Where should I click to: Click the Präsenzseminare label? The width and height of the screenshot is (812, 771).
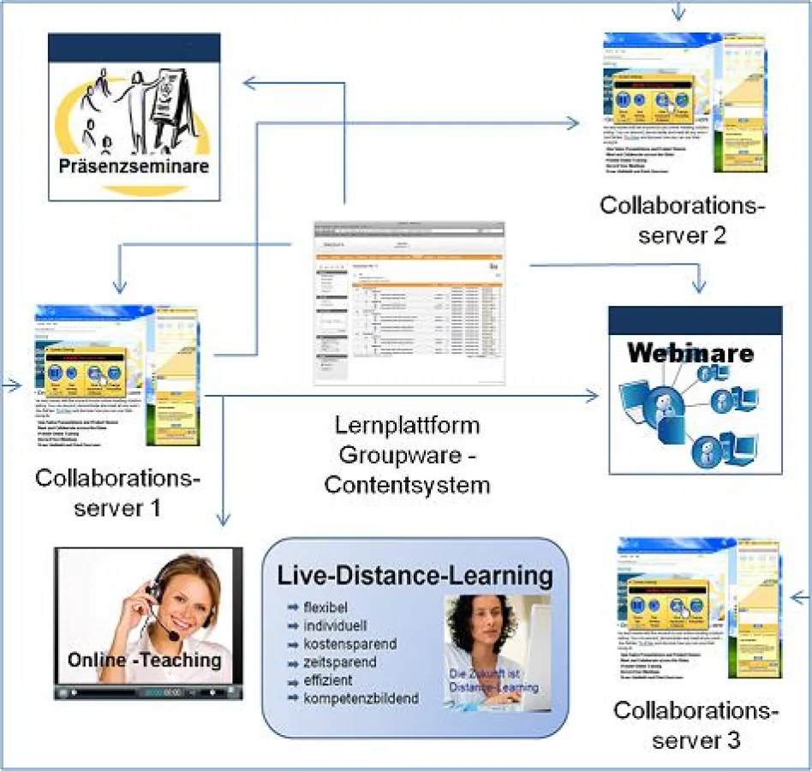point(134,164)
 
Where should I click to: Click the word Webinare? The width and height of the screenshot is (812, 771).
point(690,353)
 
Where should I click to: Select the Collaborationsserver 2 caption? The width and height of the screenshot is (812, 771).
point(682,219)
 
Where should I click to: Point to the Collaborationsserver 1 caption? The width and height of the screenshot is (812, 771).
point(117,492)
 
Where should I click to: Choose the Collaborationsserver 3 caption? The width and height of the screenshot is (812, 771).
point(696,725)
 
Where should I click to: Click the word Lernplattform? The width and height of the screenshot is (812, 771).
point(407,426)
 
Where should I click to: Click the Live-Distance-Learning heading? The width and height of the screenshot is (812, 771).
point(414,575)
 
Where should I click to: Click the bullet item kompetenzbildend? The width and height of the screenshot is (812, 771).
point(361,698)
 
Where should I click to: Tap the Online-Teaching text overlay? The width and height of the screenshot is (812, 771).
point(144,660)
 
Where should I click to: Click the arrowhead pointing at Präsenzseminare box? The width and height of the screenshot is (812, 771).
point(248,82)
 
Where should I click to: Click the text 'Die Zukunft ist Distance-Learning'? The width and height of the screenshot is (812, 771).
point(493,681)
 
